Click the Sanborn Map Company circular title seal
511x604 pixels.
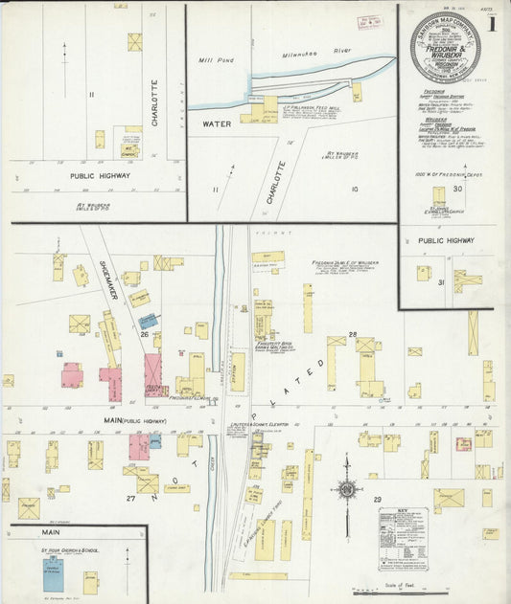[446, 47]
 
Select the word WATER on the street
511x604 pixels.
[217, 124]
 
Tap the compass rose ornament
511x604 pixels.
[346, 490]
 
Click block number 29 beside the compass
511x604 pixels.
[377, 499]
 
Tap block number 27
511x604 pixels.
[128, 498]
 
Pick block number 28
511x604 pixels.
[352, 334]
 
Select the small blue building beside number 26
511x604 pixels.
[148, 322]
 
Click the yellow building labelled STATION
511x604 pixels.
[237, 371]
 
